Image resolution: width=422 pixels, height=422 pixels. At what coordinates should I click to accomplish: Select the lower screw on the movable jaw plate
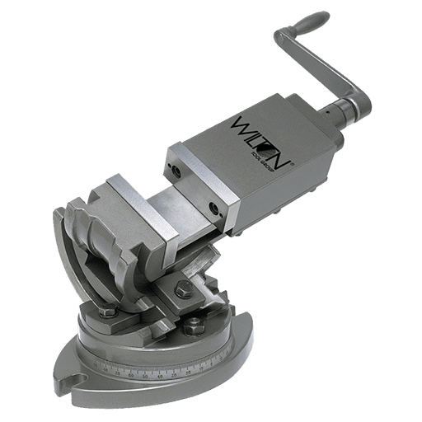coord(213,204)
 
